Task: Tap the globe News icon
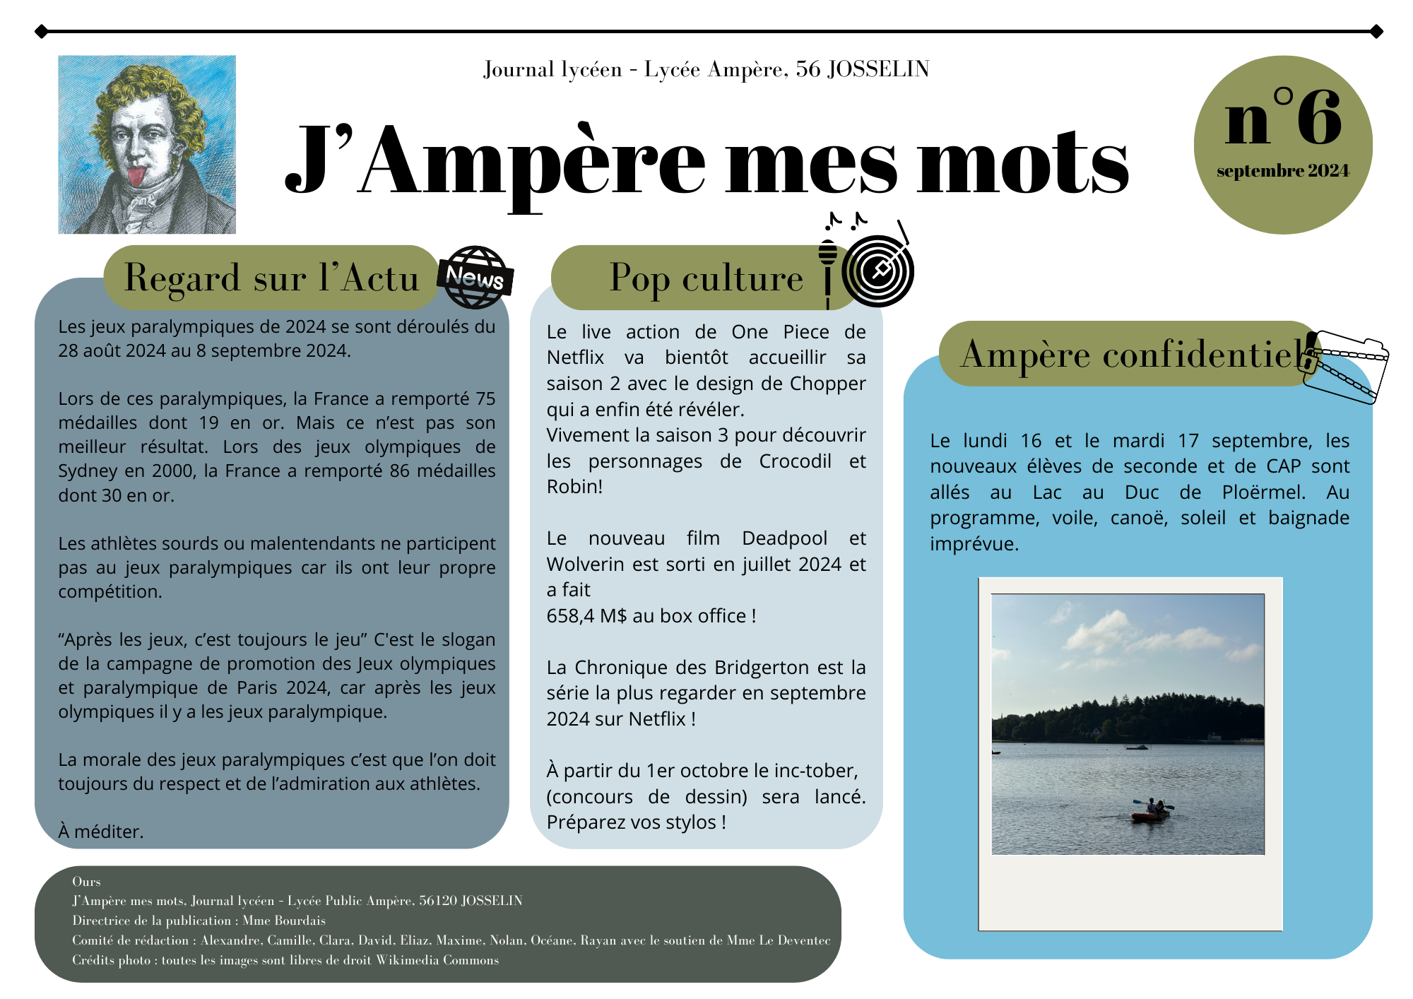pos(475,277)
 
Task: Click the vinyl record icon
pos(878,271)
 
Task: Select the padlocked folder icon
pos(1346,365)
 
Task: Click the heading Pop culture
pos(706,278)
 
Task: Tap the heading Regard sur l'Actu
pos(272,278)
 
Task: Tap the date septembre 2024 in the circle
pos(1282,171)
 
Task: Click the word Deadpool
pos(784,538)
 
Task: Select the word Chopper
pos(827,384)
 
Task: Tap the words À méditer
pos(101,832)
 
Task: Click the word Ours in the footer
pos(86,882)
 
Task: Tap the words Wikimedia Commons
pos(437,960)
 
